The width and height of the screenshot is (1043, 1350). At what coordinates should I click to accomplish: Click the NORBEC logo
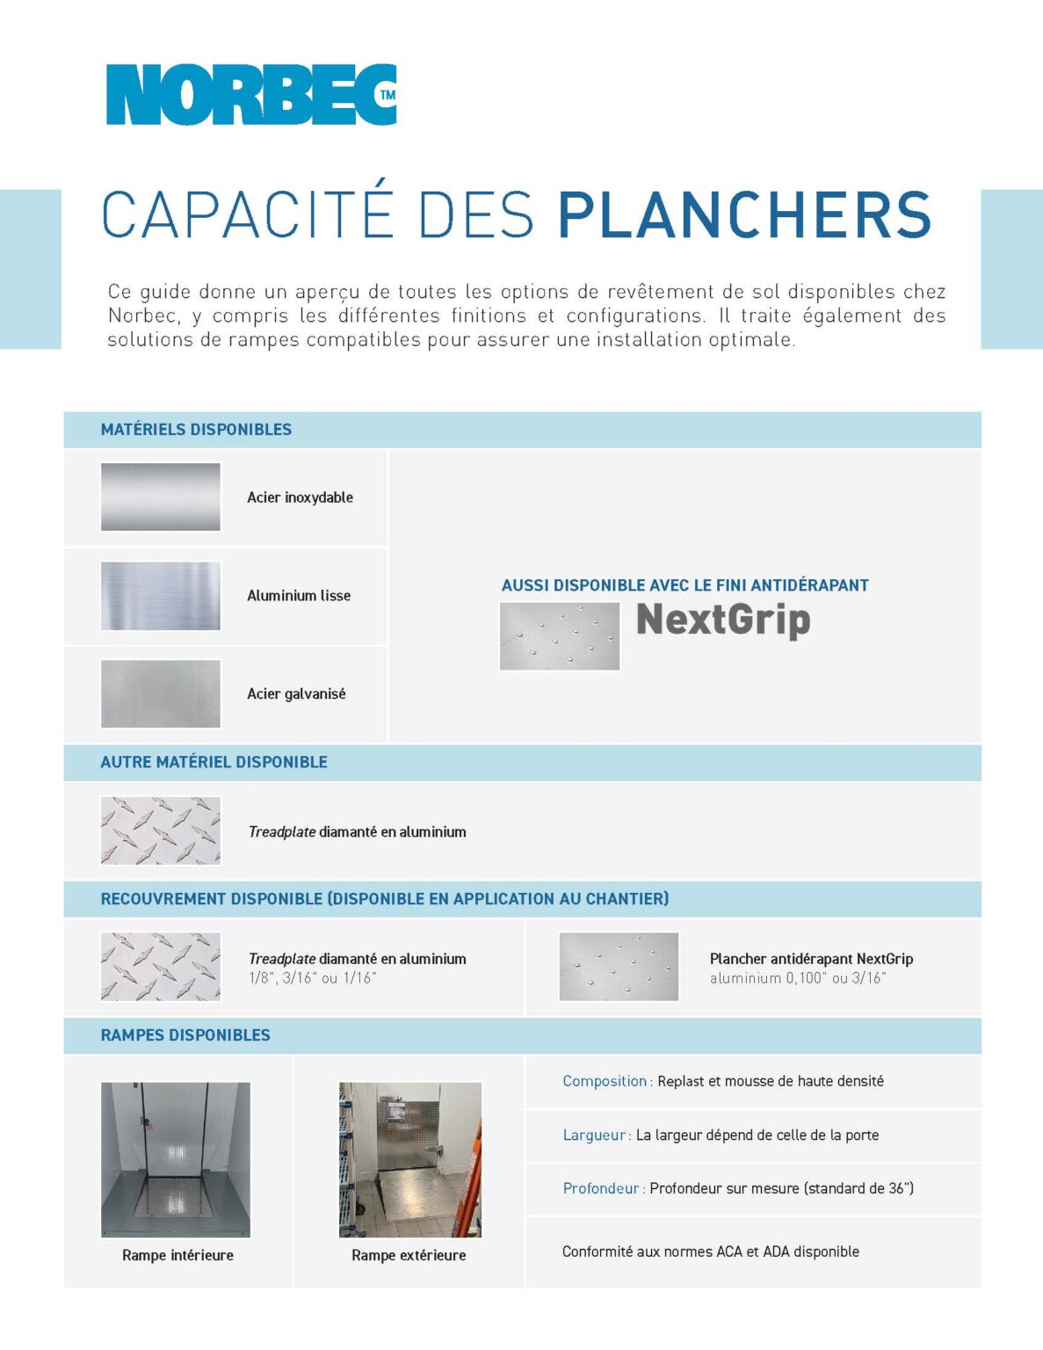250,95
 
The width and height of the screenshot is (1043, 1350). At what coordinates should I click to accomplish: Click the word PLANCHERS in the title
744,215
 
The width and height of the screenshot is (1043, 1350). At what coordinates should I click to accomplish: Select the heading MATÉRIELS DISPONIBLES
196,430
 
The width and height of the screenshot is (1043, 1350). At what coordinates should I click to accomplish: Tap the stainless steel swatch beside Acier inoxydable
160,497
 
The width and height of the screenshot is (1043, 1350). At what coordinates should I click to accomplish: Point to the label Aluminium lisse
299,596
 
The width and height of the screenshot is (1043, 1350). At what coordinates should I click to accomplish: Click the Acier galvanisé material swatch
160,694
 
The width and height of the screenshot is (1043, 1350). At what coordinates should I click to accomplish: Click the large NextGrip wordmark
722,620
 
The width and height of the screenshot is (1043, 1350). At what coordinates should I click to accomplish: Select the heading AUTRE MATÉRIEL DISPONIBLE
214,762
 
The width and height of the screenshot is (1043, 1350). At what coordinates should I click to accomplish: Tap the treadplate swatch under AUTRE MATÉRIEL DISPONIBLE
160,831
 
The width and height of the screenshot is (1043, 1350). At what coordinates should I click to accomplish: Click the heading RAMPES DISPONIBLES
185,1035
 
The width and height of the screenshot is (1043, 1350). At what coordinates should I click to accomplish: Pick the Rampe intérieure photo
176,1159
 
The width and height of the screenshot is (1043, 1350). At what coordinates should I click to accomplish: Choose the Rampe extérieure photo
410,1159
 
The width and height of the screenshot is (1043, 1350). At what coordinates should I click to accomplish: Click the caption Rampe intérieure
177,1255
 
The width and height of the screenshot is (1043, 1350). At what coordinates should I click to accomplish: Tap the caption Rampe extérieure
409,1255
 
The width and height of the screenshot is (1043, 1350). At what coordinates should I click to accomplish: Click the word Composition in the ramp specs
605,1081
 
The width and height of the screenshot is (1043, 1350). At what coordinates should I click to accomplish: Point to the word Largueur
595,1135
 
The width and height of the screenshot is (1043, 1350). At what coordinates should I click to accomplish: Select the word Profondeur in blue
601,1188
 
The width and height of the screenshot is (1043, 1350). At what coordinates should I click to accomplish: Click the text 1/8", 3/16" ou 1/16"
312,978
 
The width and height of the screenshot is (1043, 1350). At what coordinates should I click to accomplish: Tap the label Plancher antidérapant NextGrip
811,959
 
